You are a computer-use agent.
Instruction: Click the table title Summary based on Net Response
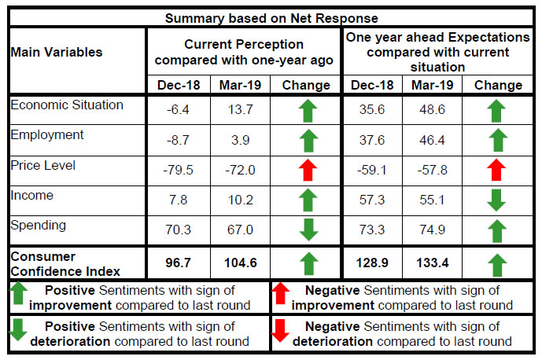tap(271, 18)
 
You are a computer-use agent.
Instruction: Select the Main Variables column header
tap(57, 52)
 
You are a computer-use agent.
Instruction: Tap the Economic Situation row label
tap(67, 105)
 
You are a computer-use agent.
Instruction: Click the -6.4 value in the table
tap(178, 110)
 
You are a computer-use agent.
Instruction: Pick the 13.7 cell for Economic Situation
tap(240, 110)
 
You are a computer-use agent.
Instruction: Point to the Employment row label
tap(47, 135)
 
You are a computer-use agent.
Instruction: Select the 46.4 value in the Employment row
tap(432, 140)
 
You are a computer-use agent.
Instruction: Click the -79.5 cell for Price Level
tap(178, 170)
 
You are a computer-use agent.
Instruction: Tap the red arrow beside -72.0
tap(308, 170)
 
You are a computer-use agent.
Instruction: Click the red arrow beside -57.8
tap(496, 170)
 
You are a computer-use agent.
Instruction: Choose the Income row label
tap(32, 196)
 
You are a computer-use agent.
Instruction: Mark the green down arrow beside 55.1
tap(496, 200)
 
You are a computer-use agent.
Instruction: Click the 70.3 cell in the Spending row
tap(178, 230)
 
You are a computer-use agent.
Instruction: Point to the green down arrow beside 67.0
tap(308, 230)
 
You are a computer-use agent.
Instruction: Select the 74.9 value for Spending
tap(432, 230)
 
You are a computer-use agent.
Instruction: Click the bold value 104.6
tap(240, 263)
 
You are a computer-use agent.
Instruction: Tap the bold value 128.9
tap(372, 263)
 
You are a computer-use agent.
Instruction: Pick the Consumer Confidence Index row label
tap(65, 264)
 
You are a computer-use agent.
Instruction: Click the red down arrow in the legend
tap(280, 331)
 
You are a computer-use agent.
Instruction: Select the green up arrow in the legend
tap(19, 294)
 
